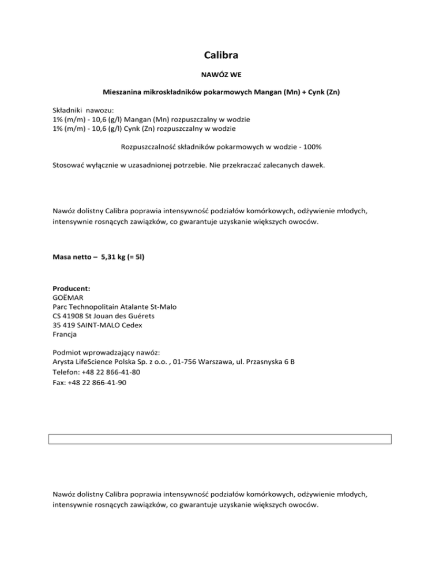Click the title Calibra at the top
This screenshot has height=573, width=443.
pyautogui.click(x=221, y=55)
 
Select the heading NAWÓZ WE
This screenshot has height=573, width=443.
pyautogui.click(x=221, y=75)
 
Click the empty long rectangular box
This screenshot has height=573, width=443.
pyautogui.click(x=221, y=439)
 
